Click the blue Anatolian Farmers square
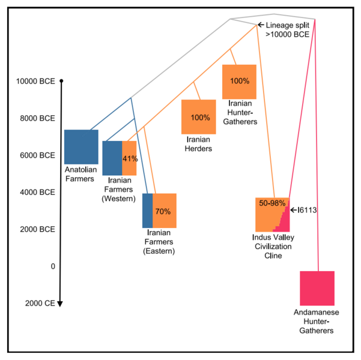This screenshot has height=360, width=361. point(81,147)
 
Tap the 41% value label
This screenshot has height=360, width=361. point(130,159)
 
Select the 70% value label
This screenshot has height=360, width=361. point(163,211)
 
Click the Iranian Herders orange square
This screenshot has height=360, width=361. point(199,117)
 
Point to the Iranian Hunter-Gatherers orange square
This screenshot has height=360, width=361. point(240,81)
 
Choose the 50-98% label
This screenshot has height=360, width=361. point(272,203)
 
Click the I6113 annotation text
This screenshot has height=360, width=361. point(307,210)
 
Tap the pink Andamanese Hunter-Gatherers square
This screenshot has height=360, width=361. point(317,289)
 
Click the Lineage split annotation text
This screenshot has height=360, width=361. point(287,31)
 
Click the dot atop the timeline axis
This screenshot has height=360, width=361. point(61,80)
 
